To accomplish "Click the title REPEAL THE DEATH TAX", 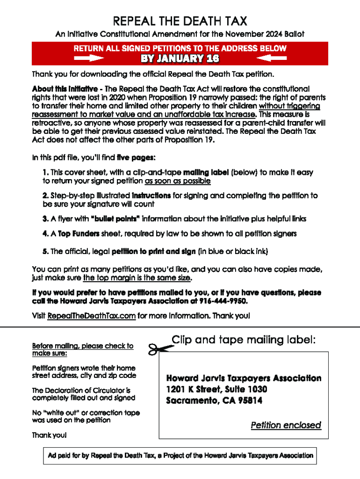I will point(180,21).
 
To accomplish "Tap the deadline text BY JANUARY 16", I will point(180,58).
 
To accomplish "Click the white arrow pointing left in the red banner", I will point(272,58).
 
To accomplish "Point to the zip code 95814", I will point(249,400).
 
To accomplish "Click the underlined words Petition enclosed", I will point(286,425).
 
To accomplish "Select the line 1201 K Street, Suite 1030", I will point(217,389).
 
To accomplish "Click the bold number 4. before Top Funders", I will point(45,233).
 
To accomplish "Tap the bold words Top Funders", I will point(75,233).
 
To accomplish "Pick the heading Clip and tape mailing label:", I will point(244,340).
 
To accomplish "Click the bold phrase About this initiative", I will point(65,89).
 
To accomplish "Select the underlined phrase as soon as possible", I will point(178,181).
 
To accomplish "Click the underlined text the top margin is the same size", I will point(137,278).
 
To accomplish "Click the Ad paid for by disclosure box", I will point(180,455).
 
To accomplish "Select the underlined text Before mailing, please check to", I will point(83,346).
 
